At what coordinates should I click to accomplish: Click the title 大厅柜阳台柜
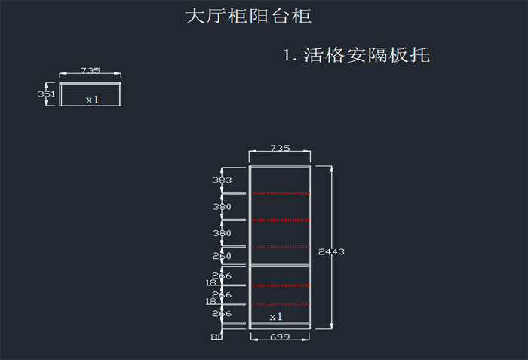[x=247, y=16]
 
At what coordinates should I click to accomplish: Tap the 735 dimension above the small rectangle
[x=91, y=70]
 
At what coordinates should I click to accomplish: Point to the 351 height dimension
[x=46, y=94]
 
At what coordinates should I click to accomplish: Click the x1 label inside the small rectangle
[x=92, y=100]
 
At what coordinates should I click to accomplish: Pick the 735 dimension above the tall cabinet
[x=280, y=149]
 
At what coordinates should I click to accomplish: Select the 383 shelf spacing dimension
[x=222, y=180]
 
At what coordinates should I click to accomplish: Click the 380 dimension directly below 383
[x=222, y=207]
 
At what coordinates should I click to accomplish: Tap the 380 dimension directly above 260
[x=222, y=233]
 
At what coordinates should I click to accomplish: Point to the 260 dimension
[x=222, y=257]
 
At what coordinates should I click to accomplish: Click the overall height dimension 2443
[x=331, y=251]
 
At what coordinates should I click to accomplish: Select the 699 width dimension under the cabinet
[x=280, y=337]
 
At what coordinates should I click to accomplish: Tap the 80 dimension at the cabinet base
[x=216, y=337]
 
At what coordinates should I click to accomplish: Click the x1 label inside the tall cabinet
[x=276, y=316]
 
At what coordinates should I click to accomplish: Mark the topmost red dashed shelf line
[x=281, y=193]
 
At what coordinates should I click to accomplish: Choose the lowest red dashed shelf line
[x=281, y=304]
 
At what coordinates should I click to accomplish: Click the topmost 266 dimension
[x=222, y=275]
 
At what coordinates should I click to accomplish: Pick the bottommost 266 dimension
[x=222, y=313]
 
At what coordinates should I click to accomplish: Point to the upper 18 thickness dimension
[x=211, y=283]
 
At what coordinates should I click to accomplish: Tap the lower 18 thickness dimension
[x=211, y=302]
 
